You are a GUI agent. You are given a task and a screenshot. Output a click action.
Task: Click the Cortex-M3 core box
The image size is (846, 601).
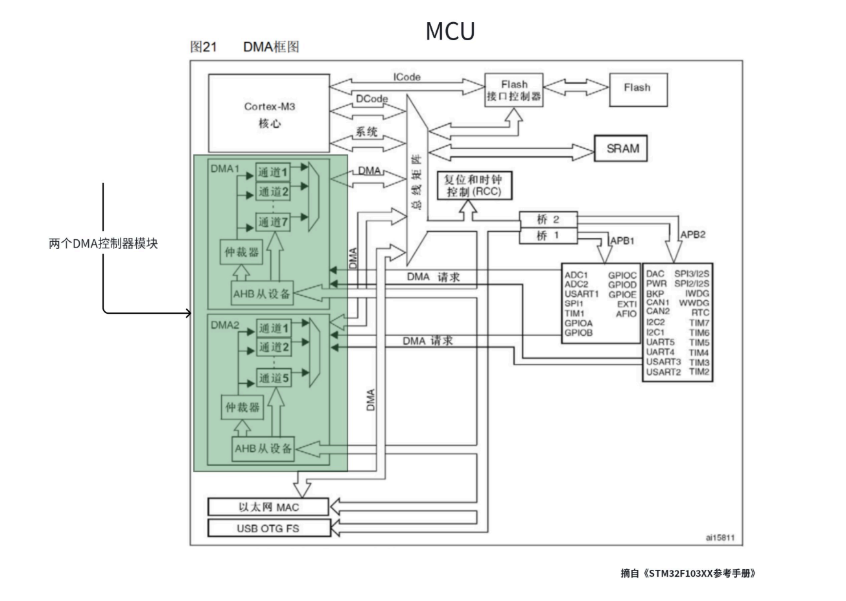[269, 113]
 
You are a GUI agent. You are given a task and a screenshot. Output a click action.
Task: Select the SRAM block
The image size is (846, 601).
[621, 148]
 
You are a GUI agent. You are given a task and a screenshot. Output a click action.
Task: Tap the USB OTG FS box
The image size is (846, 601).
[268, 528]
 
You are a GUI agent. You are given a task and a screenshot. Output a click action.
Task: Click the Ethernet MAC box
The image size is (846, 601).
[268, 507]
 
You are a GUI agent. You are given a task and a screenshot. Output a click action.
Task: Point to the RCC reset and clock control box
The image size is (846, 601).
[475, 185]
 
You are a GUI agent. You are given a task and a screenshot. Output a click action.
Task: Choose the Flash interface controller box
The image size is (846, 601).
[514, 90]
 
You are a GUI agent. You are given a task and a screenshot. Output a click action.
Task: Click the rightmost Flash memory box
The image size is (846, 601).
[639, 90]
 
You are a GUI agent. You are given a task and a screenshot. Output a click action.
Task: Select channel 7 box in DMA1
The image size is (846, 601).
[273, 222]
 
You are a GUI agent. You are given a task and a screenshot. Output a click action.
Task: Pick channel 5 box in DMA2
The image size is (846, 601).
[274, 378]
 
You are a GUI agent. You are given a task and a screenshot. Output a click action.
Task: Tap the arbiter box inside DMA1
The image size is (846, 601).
[242, 252]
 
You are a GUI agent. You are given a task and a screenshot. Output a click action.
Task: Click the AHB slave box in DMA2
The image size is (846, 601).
[263, 449]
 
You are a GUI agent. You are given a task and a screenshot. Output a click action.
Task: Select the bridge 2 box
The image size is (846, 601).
[548, 220]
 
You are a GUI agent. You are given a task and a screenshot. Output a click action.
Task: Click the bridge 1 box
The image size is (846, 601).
[548, 236]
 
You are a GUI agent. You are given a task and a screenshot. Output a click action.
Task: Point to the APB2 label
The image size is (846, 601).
[692, 235]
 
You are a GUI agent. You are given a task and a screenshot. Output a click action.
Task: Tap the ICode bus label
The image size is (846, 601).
[406, 77]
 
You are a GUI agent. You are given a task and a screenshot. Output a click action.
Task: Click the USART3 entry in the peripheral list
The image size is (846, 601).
[663, 362]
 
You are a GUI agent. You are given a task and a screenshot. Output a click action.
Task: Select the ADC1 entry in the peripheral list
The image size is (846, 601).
[576, 275]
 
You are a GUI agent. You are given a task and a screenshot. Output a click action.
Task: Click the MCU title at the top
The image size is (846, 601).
[450, 31]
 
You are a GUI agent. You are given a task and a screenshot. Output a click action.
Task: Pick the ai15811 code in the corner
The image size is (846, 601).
[720, 537]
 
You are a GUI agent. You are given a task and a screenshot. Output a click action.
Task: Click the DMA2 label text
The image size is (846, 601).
[225, 325]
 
